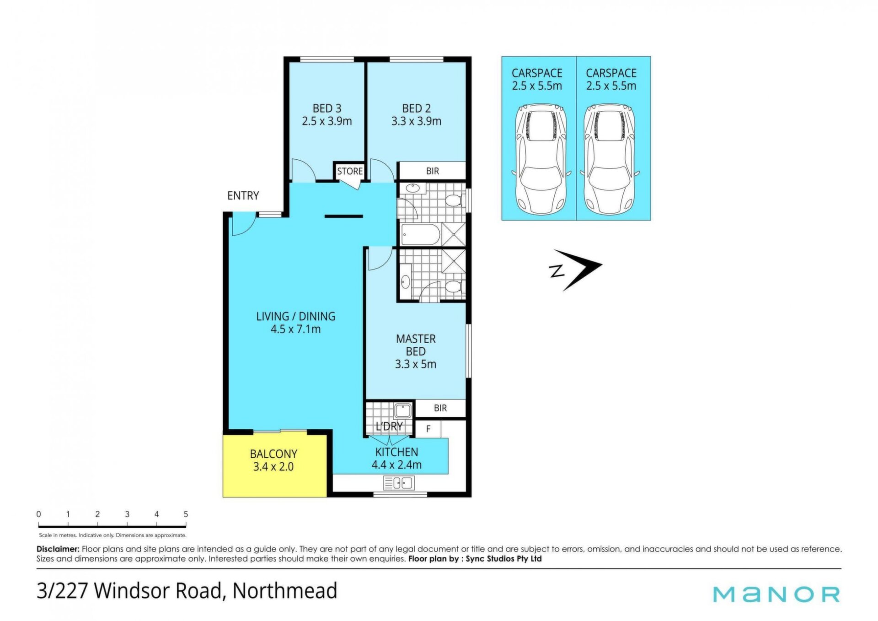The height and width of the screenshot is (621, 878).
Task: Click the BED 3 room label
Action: pyautogui.click(x=327, y=108)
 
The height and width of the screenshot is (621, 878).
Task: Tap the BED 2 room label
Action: pyautogui.click(x=416, y=108)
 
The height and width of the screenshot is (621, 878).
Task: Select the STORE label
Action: pyautogui.click(x=350, y=171)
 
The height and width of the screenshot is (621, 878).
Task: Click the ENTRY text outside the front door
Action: pyautogui.click(x=243, y=195)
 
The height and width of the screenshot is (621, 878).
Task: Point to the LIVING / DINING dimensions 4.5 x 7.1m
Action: pyautogui.click(x=295, y=329)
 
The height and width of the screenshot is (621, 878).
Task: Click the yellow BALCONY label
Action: pyautogui.click(x=273, y=454)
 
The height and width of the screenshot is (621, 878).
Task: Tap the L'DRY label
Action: pyautogui.click(x=389, y=427)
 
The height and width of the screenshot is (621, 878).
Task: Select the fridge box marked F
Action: pyautogui.click(x=428, y=429)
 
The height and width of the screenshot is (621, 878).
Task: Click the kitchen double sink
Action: pyautogui.click(x=398, y=483)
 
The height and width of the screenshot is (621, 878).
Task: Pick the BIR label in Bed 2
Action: pyautogui.click(x=433, y=171)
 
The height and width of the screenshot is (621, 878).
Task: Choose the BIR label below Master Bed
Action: pyautogui.click(x=440, y=408)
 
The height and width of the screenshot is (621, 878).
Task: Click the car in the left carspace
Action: pyautogui.click(x=541, y=159)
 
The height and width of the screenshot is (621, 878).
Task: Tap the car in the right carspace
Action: pyautogui.click(x=610, y=159)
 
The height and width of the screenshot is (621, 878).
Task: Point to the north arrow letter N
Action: pyautogui.click(x=557, y=271)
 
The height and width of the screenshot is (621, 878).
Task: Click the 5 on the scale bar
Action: pyautogui.click(x=186, y=514)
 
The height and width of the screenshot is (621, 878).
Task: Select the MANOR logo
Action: pyautogui.click(x=776, y=594)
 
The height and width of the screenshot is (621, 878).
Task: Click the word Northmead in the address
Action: pyautogui.click(x=285, y=590)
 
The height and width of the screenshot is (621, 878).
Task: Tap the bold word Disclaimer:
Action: pyautogui.click(x=58, y=549)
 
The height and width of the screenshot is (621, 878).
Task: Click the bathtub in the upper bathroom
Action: pyautogui.click(x=420, y=235)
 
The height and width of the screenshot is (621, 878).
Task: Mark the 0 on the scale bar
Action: pyautogui.click(x=39, y=514)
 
